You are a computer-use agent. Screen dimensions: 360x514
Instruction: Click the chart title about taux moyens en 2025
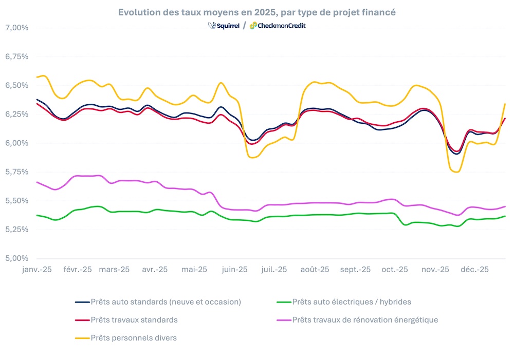pos(257,12)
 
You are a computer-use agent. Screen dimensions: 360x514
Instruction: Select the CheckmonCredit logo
pos(278,25)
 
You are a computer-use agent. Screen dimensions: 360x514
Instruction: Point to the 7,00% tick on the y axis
pos(16,27)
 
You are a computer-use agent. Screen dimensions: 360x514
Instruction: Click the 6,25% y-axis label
pos(16,113)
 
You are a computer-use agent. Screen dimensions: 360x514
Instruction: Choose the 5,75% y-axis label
pos(16,172)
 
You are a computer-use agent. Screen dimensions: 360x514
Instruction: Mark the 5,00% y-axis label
pos(16,258)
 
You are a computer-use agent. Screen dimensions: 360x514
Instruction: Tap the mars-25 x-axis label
pos(114,269)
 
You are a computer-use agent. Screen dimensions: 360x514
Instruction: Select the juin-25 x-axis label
pos(234,269)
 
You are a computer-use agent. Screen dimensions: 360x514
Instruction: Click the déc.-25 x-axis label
pos(473,269)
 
